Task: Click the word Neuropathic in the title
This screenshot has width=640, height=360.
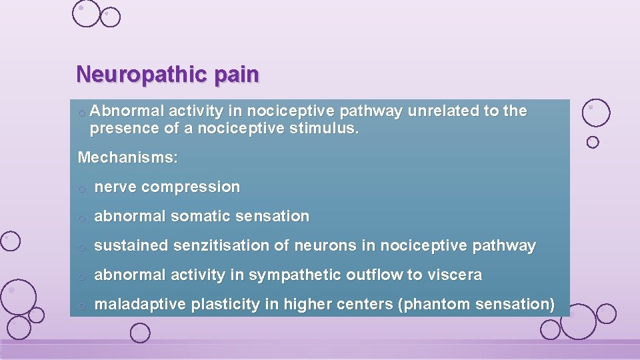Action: click(141, 75)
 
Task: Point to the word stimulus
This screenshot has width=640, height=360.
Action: click(327, 127)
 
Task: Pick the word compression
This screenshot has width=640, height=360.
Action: click(191, 187)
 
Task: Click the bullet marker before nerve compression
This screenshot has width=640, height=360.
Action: click(81, 189)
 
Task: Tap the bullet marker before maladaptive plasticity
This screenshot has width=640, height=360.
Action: click(81, 306)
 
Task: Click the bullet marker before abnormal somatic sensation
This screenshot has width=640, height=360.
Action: click(81, 218)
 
